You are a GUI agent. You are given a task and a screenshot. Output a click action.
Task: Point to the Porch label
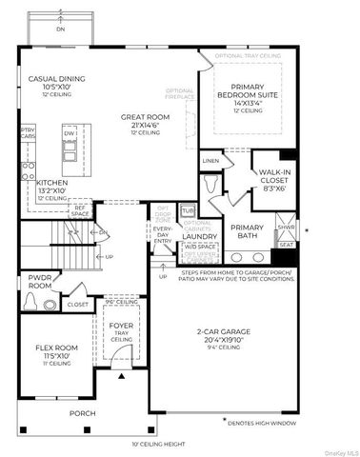(x=82, y=414)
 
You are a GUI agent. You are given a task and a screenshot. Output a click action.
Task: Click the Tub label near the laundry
(x=189, y=209)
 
